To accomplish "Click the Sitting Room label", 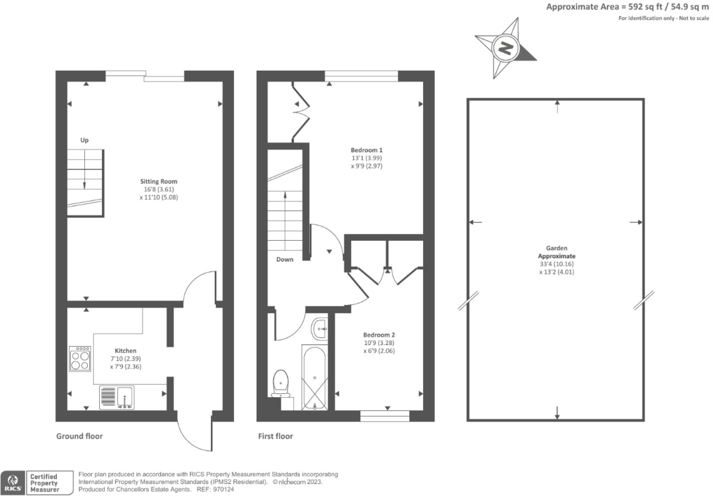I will click(158, 181).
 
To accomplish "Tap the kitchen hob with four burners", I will click(80, 359).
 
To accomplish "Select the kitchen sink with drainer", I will click(117, 397).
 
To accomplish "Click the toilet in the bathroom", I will click(281, 383).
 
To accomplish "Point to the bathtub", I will click(314, 378).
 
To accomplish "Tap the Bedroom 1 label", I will click(366, 150).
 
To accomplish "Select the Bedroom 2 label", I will click(379, 335).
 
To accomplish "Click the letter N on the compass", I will click(506, 47).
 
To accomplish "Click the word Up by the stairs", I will click(84, 140).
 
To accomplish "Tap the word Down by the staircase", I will click(284, 259).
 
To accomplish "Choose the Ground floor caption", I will click(79, 436).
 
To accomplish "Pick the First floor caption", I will click(275, 436).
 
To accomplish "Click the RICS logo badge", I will click(13, 483).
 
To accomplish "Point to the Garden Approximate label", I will click(556, 252).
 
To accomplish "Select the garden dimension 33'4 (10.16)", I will click(556, 264).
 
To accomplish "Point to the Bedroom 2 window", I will click(385, 415).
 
